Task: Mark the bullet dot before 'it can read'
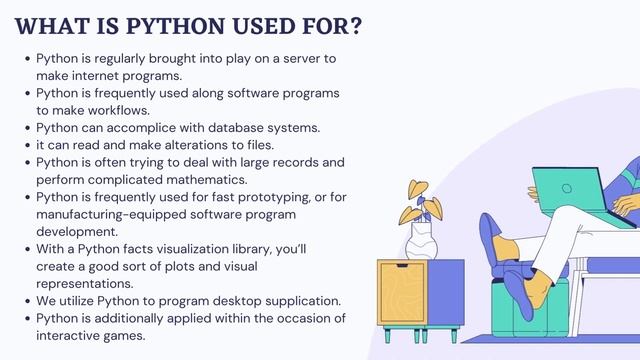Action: (x=28, y=144)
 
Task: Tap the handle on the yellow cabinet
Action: (x=401, y=269)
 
